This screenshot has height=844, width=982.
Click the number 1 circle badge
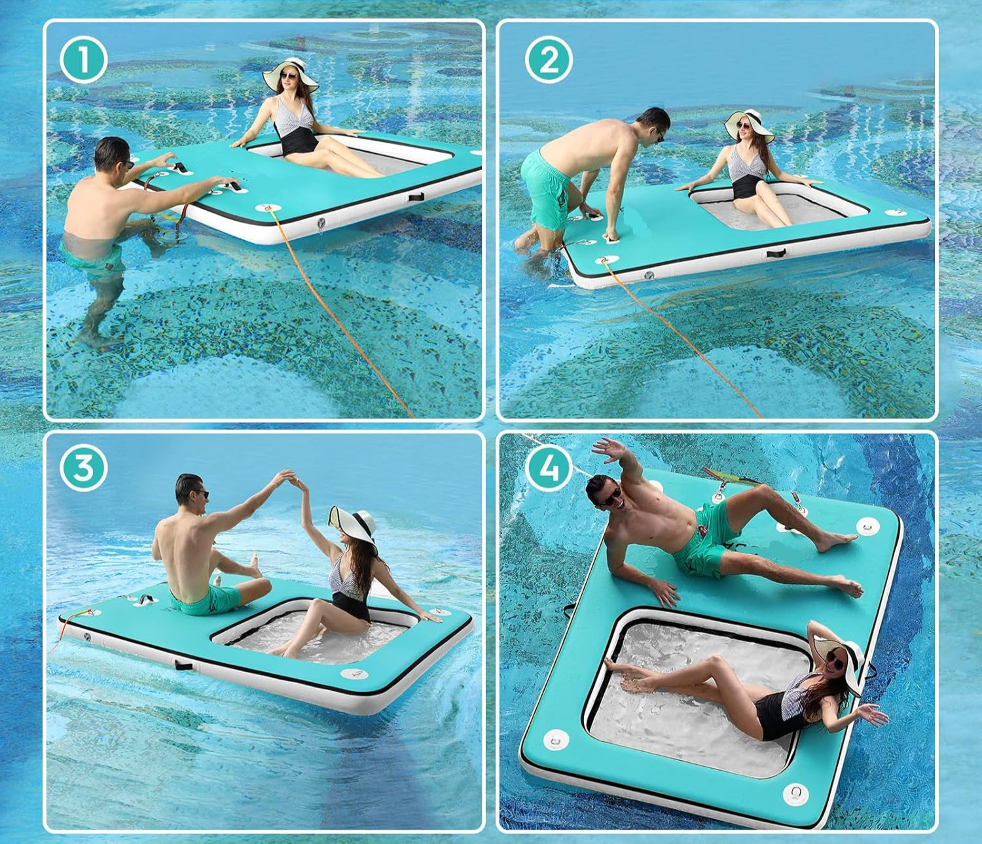point(84,61)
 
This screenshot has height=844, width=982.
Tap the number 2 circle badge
point(549,60)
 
